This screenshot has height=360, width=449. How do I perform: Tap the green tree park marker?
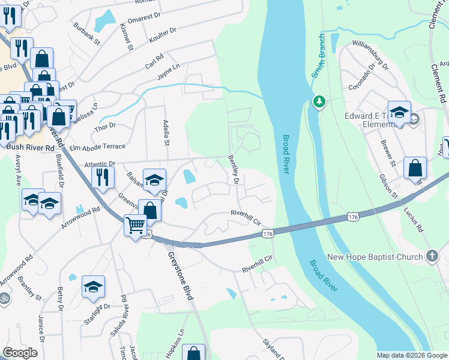coord(319,102)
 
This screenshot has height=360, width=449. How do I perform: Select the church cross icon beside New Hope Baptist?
coord(432,256)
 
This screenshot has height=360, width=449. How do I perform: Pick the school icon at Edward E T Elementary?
coord(399,112)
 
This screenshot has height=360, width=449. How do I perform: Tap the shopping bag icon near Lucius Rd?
coord(415,169)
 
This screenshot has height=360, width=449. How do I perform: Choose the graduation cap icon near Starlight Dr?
coord(93,287)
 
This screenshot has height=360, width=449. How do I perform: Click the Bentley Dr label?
coord(234,170)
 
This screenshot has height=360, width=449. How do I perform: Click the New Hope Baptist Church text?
coord(376,257)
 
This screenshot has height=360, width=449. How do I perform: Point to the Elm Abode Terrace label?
coord(97,146)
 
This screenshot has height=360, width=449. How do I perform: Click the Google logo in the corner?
coord(20,353)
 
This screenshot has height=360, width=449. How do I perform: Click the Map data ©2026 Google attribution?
coord(412,355)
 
